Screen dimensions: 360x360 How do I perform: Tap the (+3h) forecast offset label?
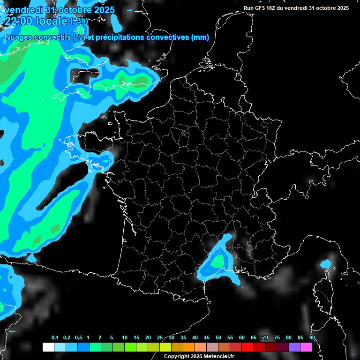[x=79, y=21]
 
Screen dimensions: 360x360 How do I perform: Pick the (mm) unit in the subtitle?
[x=200, y=37]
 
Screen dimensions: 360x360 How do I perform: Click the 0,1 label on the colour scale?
[x=54, y=338]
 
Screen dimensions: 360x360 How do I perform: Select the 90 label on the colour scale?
[x=312, y=338]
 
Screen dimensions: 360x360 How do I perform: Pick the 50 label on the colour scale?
[x=218, y=338]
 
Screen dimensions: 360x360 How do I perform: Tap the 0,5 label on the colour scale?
[x=78, y=338]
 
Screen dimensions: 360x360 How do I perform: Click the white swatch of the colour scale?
[x=48, y=347]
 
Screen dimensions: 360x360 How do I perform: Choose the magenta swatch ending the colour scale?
[x=306, y=347]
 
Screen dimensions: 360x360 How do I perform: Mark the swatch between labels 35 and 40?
[x=189, y=347]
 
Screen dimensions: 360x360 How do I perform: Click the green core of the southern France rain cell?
[x=217, y=263]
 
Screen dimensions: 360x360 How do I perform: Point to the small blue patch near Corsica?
[x=325, y=264]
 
